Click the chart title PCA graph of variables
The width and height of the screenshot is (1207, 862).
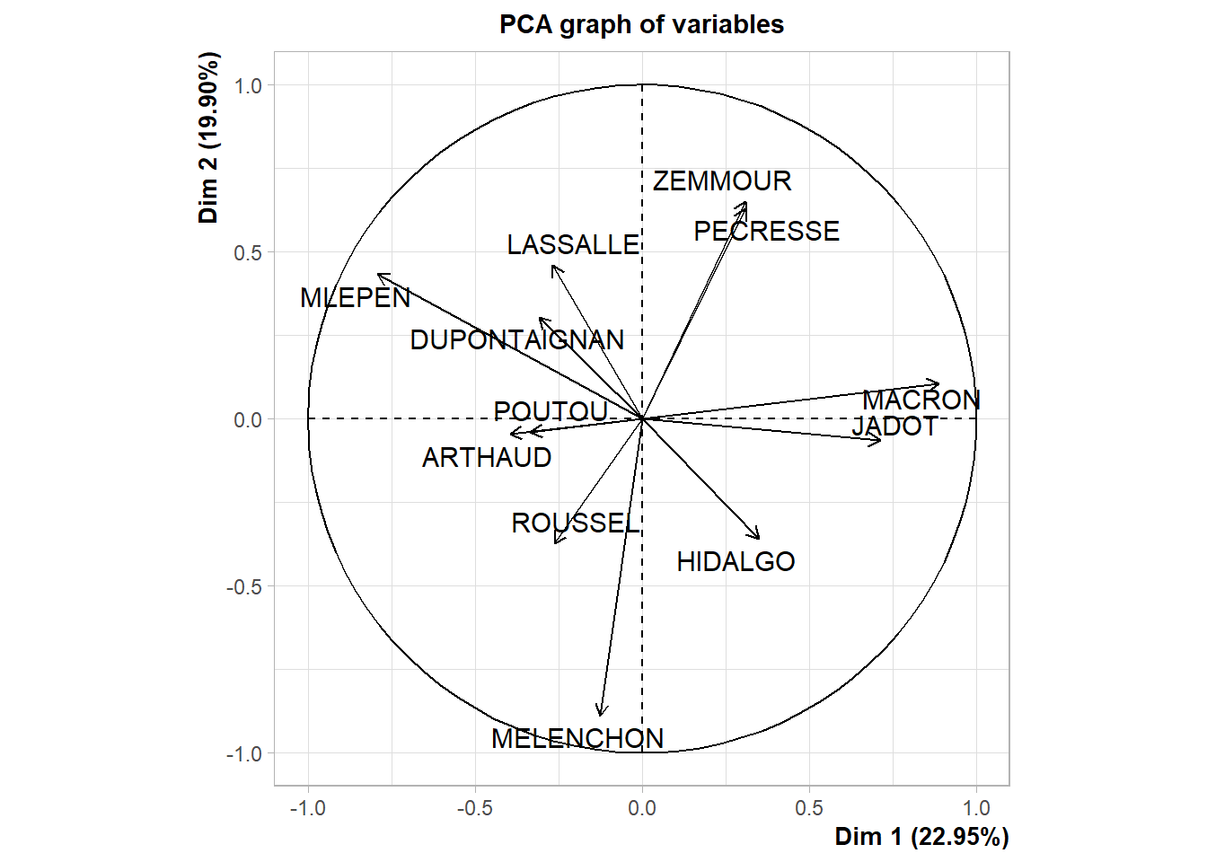pos(641,24)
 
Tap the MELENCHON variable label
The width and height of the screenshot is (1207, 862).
pos(577,739)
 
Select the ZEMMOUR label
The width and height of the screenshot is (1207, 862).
pos(722,181)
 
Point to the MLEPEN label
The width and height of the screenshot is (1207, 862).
pos(356,298)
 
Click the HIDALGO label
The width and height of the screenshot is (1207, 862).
pos(736,562)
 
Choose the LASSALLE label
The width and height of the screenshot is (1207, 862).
pos(573,245)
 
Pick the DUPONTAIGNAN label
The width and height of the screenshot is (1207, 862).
pos(517,340)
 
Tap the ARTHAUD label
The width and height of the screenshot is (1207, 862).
pos(487,458)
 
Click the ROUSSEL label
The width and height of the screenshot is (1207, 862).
pos(576,523)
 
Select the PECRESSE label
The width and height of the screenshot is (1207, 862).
pos(767,232)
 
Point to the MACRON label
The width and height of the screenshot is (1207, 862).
pos(921,400)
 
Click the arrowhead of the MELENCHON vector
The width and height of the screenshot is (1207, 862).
pos(601,715)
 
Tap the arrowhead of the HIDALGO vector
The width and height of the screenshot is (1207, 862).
pos(759,538)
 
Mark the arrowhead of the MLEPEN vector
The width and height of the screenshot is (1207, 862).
pos(379,275)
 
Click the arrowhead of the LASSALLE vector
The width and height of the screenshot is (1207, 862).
pos(554,268)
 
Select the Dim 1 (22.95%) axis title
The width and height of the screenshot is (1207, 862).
pos(921,837)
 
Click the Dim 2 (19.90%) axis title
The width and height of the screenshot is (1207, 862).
pos(208,137)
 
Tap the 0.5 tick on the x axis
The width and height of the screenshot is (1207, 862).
pos(809,808)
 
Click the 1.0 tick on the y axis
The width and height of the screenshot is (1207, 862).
pos(248,86)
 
